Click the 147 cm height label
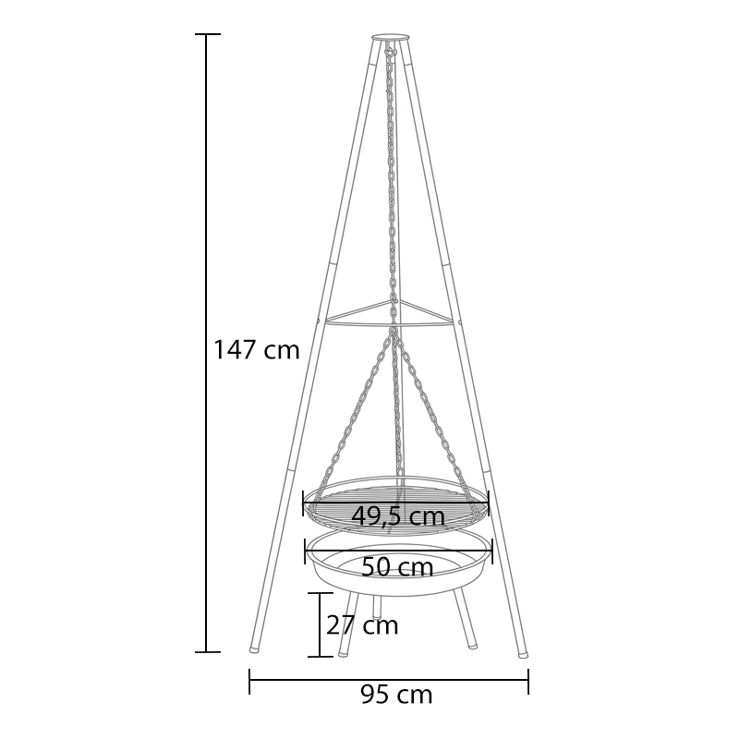[257, 350]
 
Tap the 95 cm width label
[396, 695]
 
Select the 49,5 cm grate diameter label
[398, 516]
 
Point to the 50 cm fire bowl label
[397, 567]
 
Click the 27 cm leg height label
[362, 625]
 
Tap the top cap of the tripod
[390, 37]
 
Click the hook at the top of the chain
[389, 51]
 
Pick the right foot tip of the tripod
[523, 654]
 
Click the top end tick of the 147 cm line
[207, 34]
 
